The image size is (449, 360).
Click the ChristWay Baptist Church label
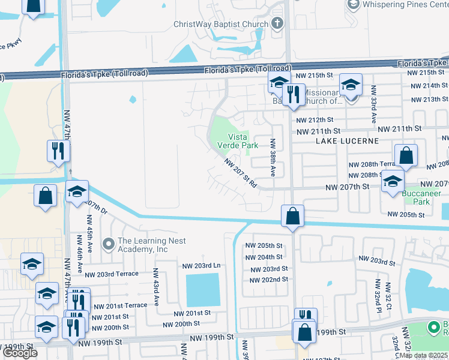(x=220, y=25)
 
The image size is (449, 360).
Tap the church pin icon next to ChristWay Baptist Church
(x=277, y=25)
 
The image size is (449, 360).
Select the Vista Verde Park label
(x=238, y=141)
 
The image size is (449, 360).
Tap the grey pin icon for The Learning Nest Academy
(x=108, y=244)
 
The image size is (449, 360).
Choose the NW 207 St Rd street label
(x=241, y=173)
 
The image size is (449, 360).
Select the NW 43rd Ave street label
(x=155, y=287)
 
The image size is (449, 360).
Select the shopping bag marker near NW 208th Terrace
(x=406, y=155)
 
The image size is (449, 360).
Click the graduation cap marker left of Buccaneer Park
(x=393, y=181)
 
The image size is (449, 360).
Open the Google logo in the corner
(x=20, y=353)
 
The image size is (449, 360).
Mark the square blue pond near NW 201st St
(x=203, y=290)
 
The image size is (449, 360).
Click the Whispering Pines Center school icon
(x=353, y=5)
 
